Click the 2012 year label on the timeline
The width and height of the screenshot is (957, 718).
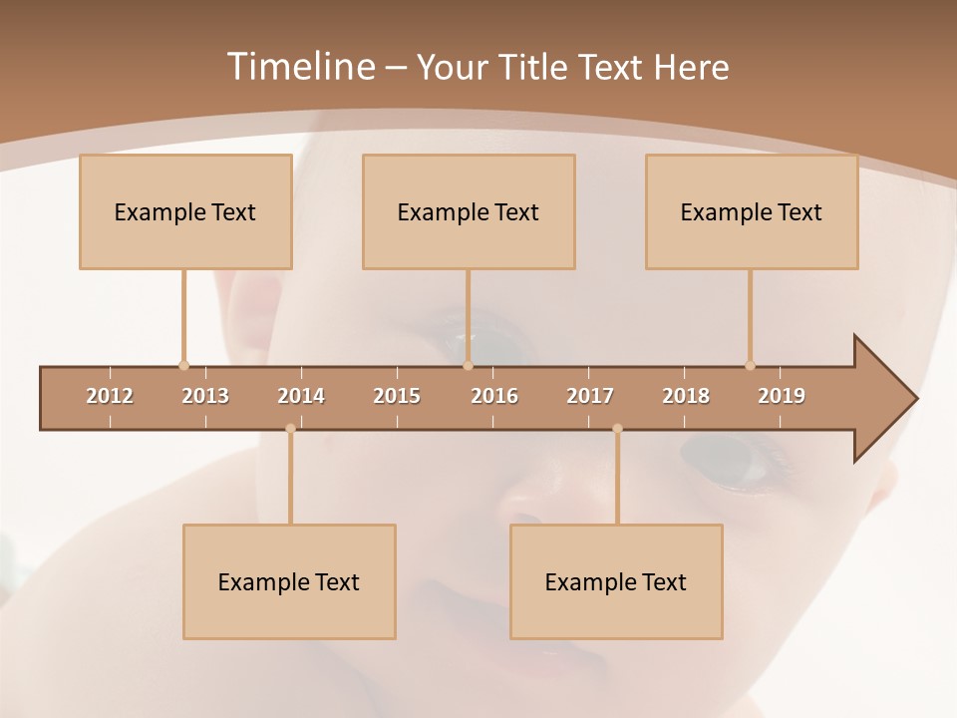(x=110, y=396)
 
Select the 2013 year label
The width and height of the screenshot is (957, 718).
(x=205, y=396)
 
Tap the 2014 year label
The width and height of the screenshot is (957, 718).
(x=301, y=396)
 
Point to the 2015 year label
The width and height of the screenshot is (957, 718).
(x=397, y=396)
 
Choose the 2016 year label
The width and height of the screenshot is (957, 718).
(x=494, y=396)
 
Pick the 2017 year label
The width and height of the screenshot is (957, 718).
(x=590, y=396)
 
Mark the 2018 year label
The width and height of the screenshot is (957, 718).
(x=686, y=396)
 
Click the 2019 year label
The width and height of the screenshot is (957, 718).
(x=782, y=396)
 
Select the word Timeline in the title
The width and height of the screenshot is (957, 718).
(x=299, y=67)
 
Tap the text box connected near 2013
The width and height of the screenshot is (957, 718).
(x=185, y=211)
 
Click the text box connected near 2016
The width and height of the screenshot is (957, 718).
(x=469, y=211)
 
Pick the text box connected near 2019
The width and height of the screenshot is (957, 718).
(x=752, y=211)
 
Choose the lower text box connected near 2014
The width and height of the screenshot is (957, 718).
(x=289, y=581)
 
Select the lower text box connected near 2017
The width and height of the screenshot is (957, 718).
(x=616, y=581)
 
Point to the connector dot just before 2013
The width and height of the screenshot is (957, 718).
(x=183, y=366)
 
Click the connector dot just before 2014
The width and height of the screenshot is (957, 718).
(x=290, y=429)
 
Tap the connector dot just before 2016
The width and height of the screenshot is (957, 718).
(x=468, y=366)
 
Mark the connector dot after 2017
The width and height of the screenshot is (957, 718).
(x=617, y=429)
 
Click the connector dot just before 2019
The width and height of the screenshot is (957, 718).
(x=750, y=366)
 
